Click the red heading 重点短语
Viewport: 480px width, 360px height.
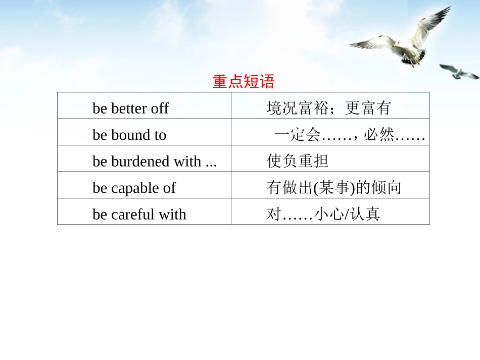click(x=243, y=82)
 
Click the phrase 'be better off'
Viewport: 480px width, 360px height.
click(x=130, y=108)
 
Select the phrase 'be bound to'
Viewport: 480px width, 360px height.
click(x=129, y=135)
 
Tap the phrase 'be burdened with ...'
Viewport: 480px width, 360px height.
click(x=155, y=161)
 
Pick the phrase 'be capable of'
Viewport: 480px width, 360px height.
click(x=134, y=188)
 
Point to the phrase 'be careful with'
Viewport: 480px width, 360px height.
click(x=139, y=214)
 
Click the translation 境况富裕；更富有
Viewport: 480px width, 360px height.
click(x=328, y=108)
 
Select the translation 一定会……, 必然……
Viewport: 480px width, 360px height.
click(x=349, y=135)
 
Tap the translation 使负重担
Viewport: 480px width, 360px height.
click(x=298, y=161)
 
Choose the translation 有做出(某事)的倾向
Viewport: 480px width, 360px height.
click(x=334, y=188)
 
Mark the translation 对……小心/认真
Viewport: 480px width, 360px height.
click(x=323, y=214)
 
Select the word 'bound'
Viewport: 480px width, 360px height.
click(x=131, y=135)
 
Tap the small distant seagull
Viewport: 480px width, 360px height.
click(x=459, y=72)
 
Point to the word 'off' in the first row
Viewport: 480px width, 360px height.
click(x=160, y=108)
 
